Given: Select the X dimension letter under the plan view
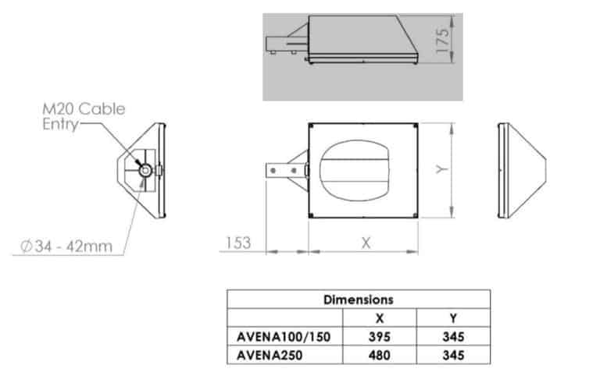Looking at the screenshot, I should click(365, 243).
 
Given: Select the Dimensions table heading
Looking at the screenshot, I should click(358, 299).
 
